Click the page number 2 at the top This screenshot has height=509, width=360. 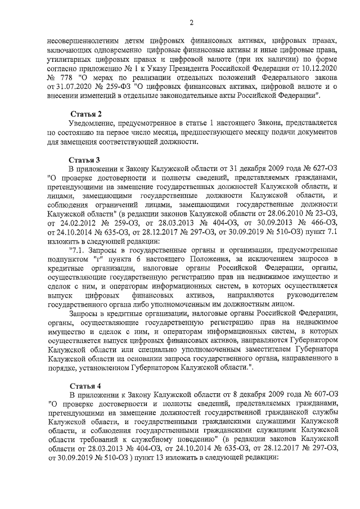click(x=191, y=22)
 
